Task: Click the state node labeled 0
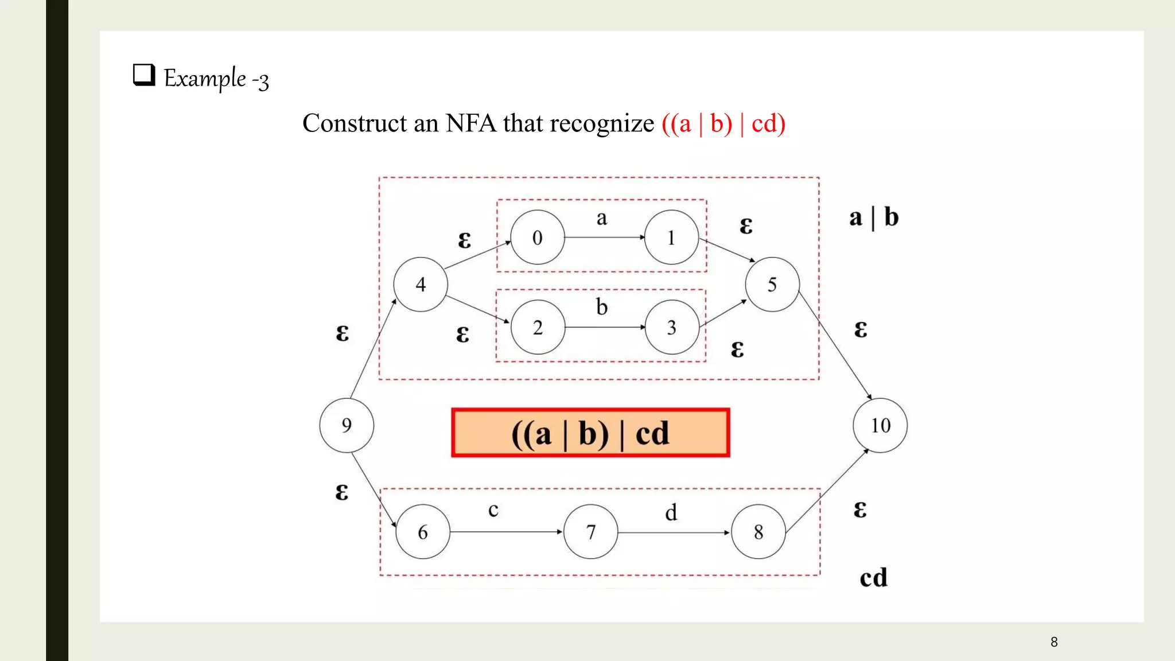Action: click(537, 237)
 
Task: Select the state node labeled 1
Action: click(671, 237)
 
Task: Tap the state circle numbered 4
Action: click(421, 284)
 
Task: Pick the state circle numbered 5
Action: click(772, 284)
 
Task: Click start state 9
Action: click(347, 425)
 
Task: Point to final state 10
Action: click(880, 425)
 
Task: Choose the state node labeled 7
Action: click(591, 532)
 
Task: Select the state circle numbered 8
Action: click(758, 532)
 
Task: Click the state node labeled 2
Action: click(538, 327)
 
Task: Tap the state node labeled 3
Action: click(672, 327)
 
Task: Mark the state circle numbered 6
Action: click(423, 532)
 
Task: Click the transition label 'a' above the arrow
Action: click(601, 218)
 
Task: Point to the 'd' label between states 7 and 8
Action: click(671, 512)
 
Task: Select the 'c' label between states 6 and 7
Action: click(493, 510)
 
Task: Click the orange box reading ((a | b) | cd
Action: click(590, 433)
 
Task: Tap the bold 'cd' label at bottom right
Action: click(873, 577)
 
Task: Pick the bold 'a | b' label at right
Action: click(874, 217)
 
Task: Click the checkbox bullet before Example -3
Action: click(143, 75)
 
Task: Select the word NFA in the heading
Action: click(470, 123)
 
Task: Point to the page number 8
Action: click(1054, 642)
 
